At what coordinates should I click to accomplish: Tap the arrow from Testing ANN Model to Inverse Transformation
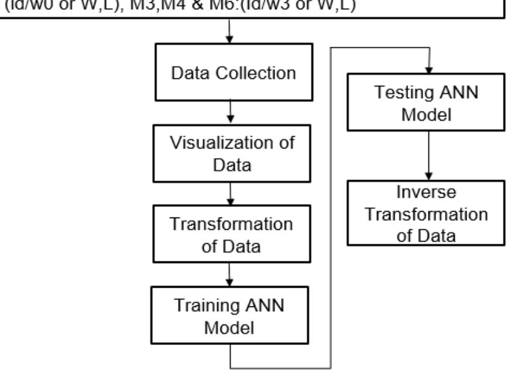(430, 155)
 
